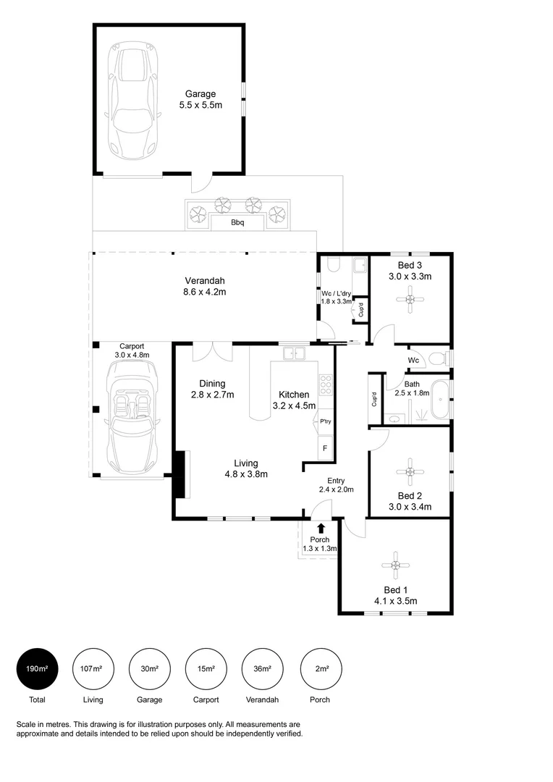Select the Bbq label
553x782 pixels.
(237, 223)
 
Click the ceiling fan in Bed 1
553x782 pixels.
(395, 565)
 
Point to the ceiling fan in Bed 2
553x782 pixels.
(410, 471)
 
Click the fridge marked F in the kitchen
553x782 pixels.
(325, 447)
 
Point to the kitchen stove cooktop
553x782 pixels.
(325, 384)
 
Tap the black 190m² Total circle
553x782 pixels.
(37, 668)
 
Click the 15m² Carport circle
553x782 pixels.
(206, 668)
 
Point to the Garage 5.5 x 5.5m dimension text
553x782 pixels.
(200, 106)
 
